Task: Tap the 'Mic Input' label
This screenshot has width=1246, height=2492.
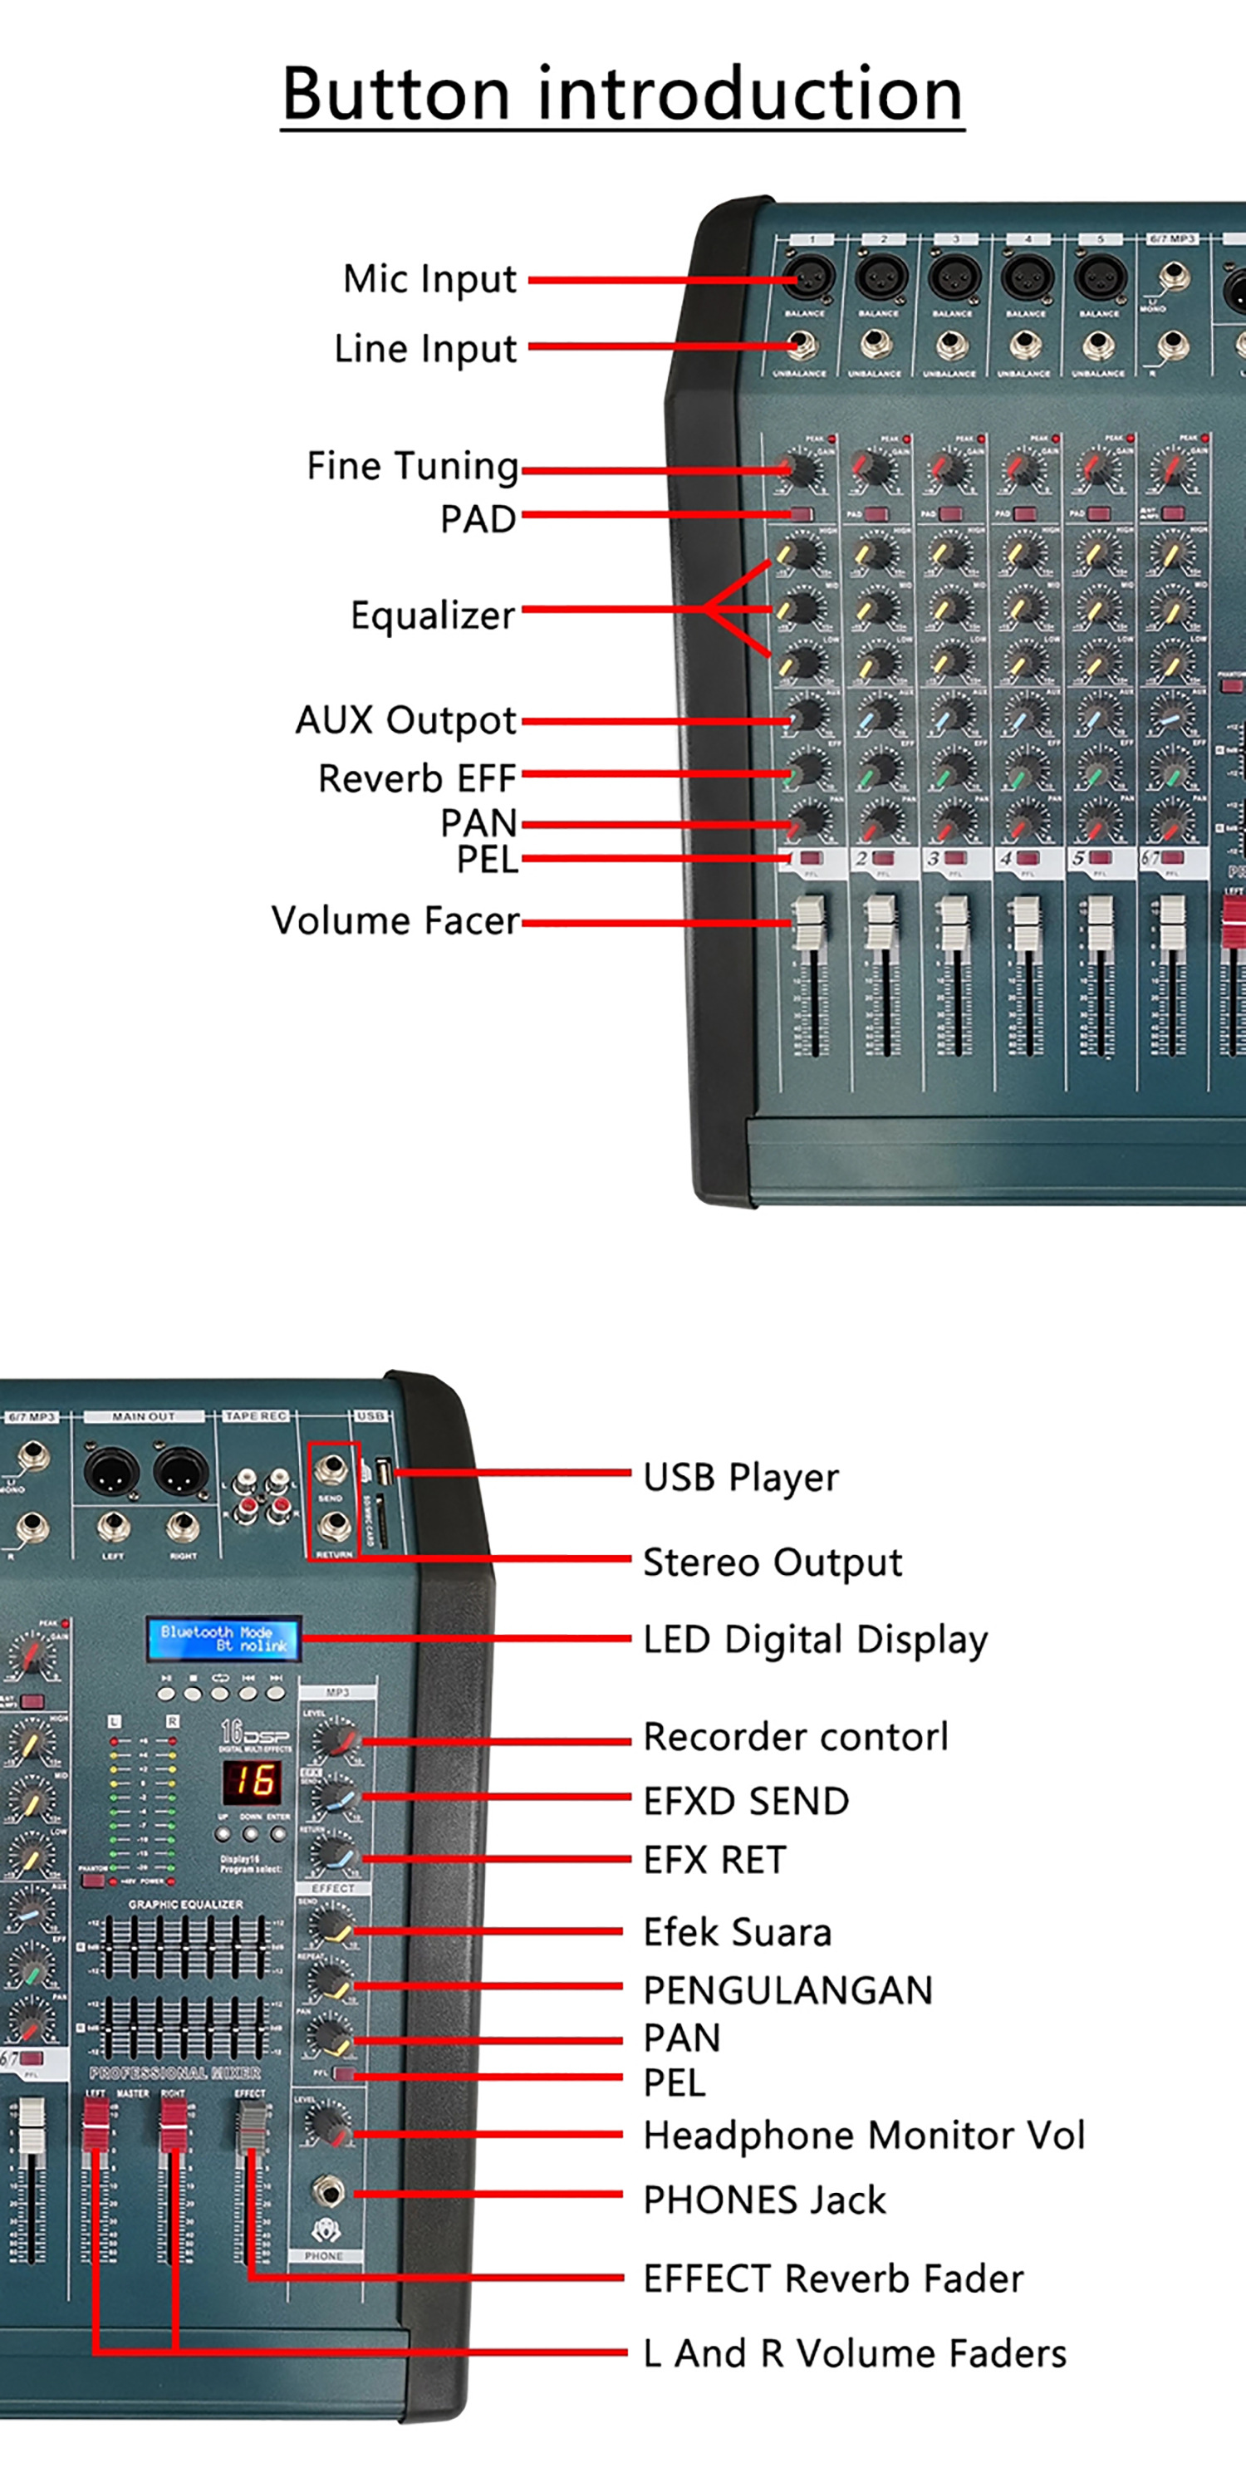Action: (429, 278)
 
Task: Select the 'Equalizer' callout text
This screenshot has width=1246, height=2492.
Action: (433, 616)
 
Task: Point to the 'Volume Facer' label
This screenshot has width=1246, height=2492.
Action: (395, 920)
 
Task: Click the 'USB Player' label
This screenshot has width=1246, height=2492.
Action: (741, 1477)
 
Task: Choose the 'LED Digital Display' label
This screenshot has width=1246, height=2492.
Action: (816, 1640)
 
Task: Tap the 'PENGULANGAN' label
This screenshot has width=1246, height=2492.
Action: (788, 1990)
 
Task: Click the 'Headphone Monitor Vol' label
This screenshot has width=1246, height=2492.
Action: (864, 2135)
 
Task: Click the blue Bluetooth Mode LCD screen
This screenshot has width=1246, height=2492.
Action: (223, 1638)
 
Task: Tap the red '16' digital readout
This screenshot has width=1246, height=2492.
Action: (253, 1781)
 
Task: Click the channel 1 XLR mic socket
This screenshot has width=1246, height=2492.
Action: (807, 278)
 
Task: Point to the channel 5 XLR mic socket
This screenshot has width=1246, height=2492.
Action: (1100, 278)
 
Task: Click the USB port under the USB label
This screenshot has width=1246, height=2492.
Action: (383, 1474)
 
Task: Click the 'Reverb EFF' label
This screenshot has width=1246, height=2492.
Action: (417, 778)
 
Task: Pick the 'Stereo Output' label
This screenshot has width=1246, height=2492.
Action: (772, 1562)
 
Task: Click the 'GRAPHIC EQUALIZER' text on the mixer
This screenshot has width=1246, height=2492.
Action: (186, 1904)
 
